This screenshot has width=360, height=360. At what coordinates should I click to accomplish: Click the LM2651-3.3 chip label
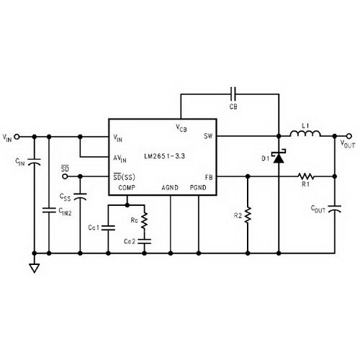(165, 156)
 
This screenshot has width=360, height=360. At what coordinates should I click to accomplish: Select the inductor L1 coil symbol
(305, 134)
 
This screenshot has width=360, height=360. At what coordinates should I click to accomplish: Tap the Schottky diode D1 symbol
(279, 156)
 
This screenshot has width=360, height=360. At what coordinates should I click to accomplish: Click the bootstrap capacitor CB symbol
(233, 94)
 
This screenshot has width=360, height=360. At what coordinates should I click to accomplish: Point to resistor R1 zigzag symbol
(306, 176)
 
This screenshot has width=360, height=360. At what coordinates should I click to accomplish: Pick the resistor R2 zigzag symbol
(248, 215)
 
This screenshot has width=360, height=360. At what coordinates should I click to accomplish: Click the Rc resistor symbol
(144, 221)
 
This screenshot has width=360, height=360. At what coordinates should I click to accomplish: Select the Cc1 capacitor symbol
(108, 228)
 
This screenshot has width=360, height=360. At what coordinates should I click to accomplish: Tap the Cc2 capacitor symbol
(144, 241)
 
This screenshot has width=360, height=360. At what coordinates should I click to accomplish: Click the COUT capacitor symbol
(335, 208)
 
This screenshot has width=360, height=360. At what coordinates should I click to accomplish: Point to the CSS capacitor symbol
(80, 197)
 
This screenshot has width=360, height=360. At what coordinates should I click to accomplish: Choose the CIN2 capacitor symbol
(49, 210)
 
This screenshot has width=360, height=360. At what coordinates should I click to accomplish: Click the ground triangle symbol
(35, 268)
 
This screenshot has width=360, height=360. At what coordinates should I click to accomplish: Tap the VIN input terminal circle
(17, 137)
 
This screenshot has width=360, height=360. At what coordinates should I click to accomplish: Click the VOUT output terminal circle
(349, 136)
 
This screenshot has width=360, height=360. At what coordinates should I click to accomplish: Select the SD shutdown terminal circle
(65, 176)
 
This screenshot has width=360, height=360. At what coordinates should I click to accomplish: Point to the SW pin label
(208, 136)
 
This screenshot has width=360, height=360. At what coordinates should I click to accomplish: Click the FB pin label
(209, 177)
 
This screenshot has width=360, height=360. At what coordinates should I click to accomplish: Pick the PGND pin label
(198, 187)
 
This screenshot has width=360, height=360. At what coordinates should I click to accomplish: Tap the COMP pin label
(127, 187)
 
